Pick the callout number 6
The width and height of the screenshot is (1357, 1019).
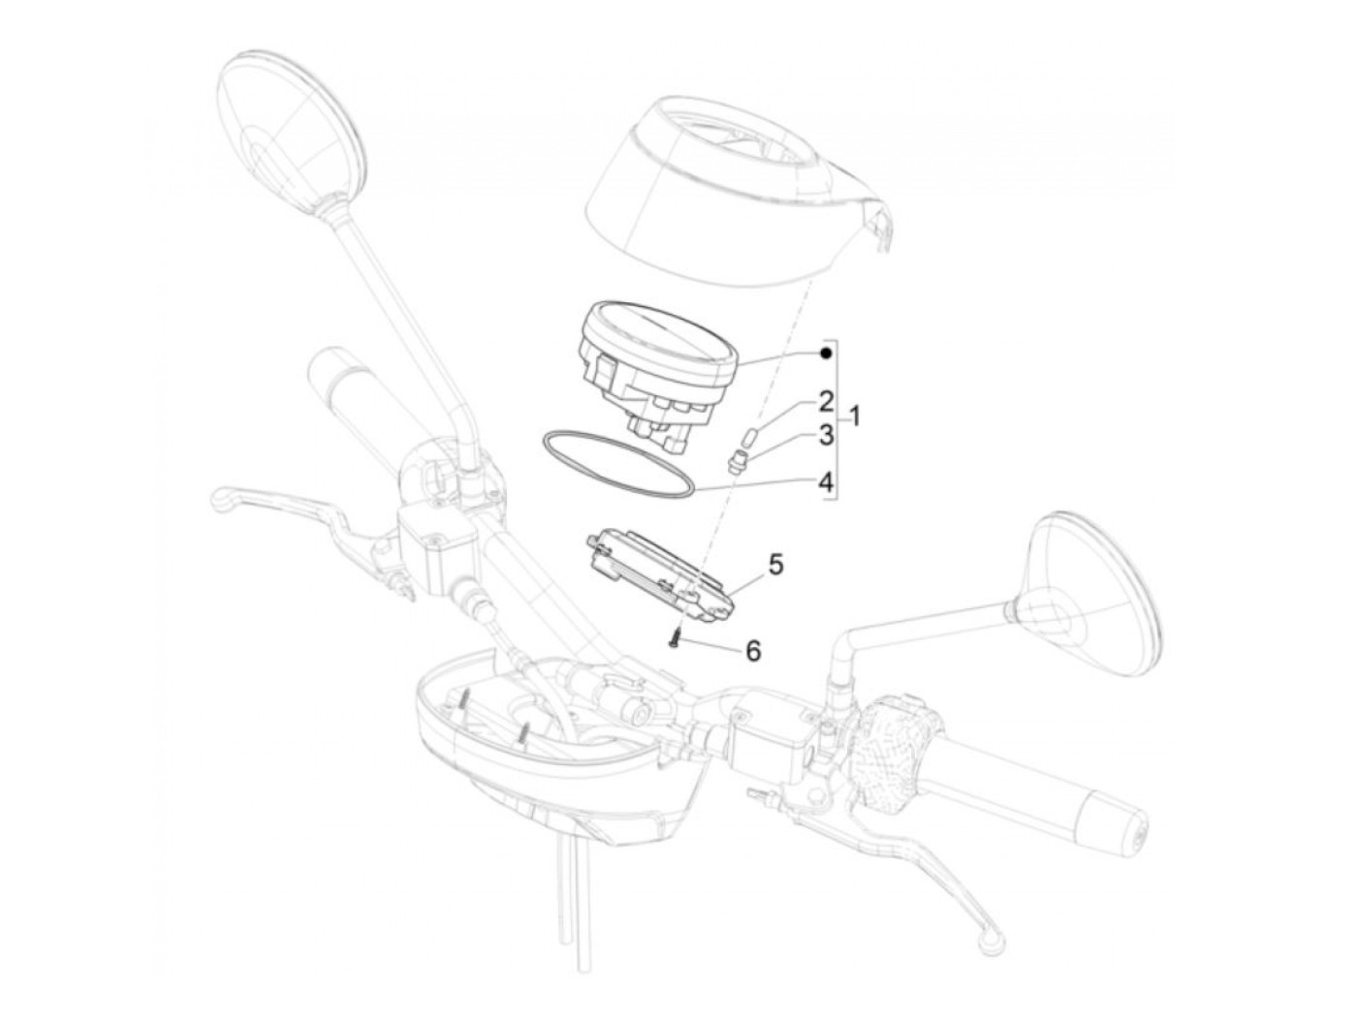(752, 650)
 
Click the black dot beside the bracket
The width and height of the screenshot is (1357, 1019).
(825, 354)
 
